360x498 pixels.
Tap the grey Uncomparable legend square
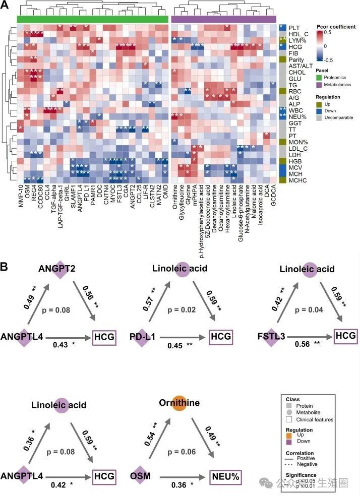pyautogui.click(x=319, y=118)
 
